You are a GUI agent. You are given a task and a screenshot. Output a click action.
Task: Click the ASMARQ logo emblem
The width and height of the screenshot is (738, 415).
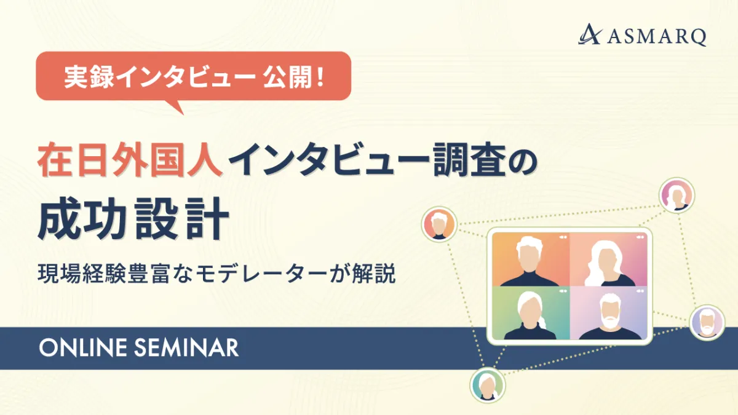[x=590, y=34]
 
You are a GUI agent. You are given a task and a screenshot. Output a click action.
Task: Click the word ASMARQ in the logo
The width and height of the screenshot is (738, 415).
[x=657, y=36]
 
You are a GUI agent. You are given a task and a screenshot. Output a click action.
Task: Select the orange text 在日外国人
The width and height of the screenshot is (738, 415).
[x=130, y=159]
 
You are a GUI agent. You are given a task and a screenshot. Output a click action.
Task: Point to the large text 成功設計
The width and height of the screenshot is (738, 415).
[x=133, y=218]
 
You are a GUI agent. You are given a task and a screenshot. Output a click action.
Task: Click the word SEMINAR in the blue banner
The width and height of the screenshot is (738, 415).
[x=186, y=348]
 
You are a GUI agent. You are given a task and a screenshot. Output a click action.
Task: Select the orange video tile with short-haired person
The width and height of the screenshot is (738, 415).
[x=531, y=259]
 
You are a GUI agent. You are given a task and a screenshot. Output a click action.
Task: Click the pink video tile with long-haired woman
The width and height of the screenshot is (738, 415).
[x=608, y=259]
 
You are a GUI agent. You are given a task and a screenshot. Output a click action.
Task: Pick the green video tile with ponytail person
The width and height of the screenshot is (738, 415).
[x=531, y=313]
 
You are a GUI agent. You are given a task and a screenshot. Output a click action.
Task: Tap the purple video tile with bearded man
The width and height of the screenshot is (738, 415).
[x=608, y=313]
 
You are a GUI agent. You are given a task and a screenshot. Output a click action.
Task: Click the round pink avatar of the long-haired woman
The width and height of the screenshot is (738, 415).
[x=676, y=196]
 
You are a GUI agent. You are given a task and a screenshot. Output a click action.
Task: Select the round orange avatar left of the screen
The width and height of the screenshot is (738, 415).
[x=439, y=224]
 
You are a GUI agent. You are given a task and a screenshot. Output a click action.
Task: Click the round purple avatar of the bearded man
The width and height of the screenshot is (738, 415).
[x=707, y=322]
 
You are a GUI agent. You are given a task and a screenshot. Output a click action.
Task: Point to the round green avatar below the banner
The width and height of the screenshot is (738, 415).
[x=488, y=385]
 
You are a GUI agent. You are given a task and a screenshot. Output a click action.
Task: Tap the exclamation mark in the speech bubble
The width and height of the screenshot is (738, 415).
[x=320, y=77]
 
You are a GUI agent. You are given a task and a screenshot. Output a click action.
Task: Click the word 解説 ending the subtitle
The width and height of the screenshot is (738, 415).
[x=373, y=274]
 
